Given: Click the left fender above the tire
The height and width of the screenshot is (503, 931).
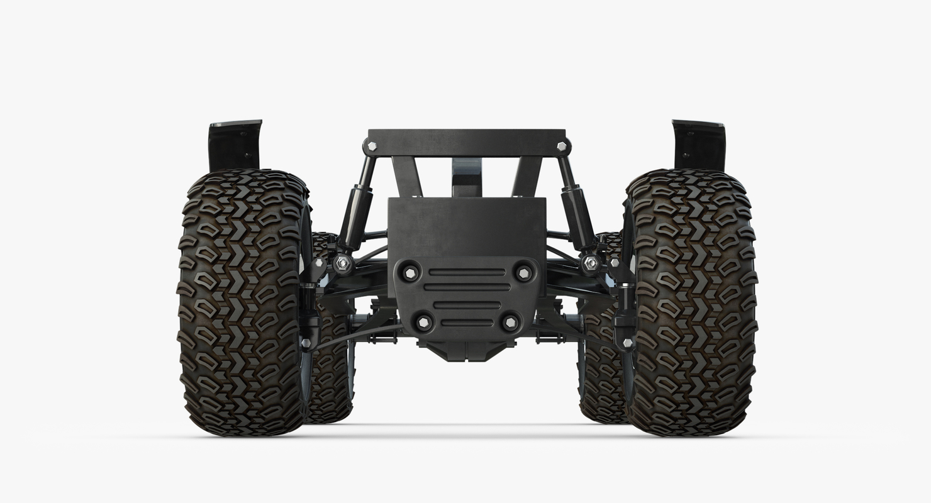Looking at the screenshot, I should (x=234, y=145).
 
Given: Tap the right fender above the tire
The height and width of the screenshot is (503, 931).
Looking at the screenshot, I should (x=699, y=145).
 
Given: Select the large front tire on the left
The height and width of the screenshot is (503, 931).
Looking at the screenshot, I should (x=243, y=302).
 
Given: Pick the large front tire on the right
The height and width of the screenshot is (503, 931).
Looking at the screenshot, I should (x=691, y=302).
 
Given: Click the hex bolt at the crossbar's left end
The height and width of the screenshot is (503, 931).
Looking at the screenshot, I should (x=372, y=146).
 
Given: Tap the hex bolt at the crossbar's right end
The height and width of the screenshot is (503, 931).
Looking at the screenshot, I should (x=561, y=146).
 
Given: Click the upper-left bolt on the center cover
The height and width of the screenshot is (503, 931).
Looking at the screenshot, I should (x=410, y=272).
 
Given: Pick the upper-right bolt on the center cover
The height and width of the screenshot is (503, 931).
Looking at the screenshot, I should (x=523, y=272).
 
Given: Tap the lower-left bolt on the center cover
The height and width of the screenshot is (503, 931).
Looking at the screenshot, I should (x=423, y=323).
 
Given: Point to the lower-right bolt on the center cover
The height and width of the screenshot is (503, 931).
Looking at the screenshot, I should (x=510, y=323).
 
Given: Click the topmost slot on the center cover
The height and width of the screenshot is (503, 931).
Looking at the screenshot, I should (x=467, y=272).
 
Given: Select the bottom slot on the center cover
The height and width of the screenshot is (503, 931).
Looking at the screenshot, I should (x=467, y=323).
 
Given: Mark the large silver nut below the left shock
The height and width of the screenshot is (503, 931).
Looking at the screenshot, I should (x=342, y=263).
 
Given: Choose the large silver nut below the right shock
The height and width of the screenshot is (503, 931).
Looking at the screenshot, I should (x=591, y=263).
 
